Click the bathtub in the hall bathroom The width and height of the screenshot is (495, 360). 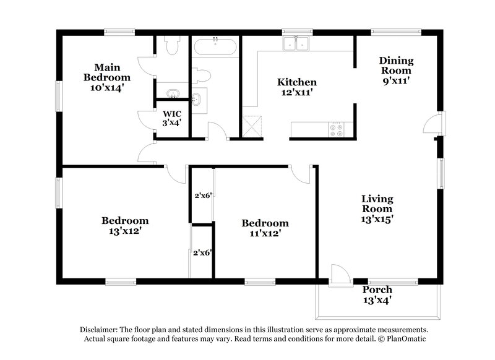click(x=214, y=48)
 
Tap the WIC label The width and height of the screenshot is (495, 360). click(x=171, y=114)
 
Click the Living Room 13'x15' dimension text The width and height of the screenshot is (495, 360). click(x=377, y=218)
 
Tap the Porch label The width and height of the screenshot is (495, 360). click(x=377, y=289)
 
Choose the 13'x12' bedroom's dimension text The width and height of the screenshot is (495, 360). click(x=124, y=231)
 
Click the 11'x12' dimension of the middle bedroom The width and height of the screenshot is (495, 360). click(x=264, y=234)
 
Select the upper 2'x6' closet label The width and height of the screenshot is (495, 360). click(x=204, y=195)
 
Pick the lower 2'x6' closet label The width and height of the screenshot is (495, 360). click(x=202, y=252)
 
